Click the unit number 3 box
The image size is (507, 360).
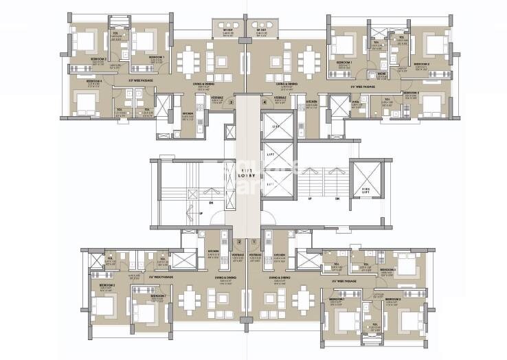[x=232, y=102]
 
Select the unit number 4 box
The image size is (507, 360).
[x=264, y=102]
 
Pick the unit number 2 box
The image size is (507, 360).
[x=238, y=242]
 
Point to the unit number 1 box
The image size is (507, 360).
[x=255, y=242]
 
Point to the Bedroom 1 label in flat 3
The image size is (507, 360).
[x=157, y=56]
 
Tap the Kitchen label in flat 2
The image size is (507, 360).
[x=214, y=251]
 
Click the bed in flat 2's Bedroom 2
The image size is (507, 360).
[x=105, y=302]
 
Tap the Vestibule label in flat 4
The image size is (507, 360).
[x=280, y=98]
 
